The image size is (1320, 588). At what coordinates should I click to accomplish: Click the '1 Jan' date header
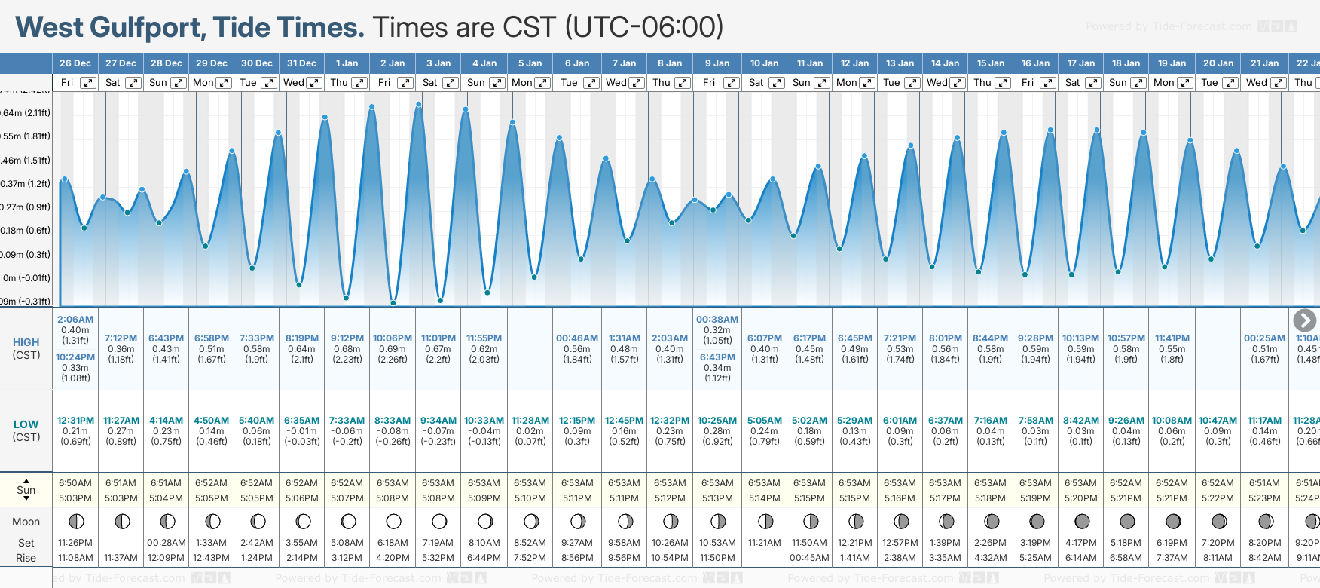tap(347, 63)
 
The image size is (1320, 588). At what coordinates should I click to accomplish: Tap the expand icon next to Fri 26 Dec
tap(88, 83)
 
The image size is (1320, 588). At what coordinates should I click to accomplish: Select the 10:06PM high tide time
tap(393, 338)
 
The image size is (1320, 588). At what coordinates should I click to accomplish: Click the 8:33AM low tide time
tap(393, 421)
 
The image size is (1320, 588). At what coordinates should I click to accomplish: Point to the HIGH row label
tap(26, 342)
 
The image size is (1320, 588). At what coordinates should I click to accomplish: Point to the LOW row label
tap(26, 424)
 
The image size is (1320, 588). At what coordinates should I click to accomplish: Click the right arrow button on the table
tap(1304, 320)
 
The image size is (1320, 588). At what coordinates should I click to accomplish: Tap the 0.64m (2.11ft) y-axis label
tap(25, 113)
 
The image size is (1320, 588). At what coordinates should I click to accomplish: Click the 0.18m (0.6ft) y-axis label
tap(25, 231)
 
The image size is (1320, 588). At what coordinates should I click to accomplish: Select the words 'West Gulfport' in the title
tap(110, 28)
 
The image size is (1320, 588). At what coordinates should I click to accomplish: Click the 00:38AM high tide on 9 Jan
tap(717, 320)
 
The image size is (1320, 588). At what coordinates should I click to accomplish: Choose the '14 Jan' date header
tap(946, 63)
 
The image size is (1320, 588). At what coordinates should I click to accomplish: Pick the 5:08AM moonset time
tap(347, 543)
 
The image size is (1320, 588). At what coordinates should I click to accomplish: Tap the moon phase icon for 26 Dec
tap(75, 521)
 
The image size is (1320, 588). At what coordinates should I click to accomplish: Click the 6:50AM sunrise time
tap(75, 483)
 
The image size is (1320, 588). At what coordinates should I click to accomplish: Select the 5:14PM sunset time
tap(764, 498)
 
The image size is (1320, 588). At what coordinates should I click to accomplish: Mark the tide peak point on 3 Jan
tap(419, 103)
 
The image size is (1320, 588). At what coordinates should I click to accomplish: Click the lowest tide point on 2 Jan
tap(393, 303)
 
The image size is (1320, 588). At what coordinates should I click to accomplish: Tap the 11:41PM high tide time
tap(1172, 338)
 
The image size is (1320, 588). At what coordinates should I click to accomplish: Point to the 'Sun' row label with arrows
tap(26, 490)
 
